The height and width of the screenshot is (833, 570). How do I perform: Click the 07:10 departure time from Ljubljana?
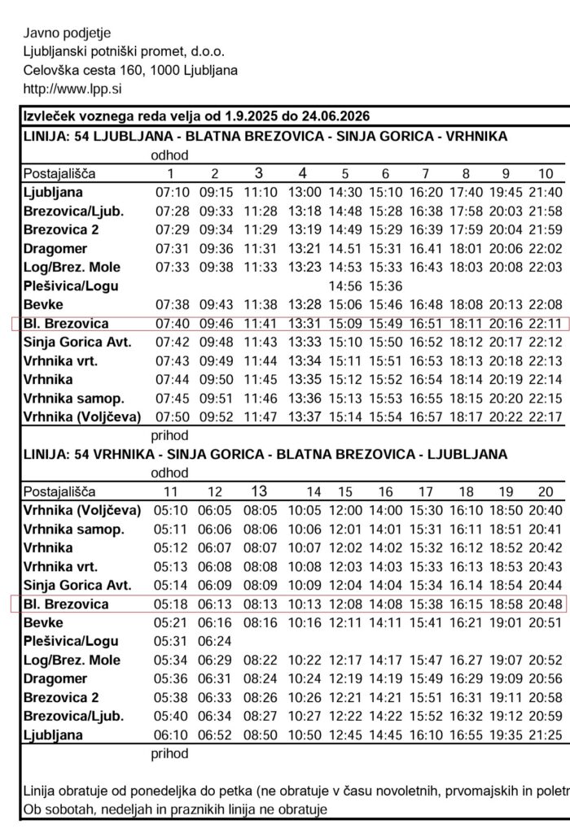(x=171, y=193)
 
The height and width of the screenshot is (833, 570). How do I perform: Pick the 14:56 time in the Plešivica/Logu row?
(x=345, y=286)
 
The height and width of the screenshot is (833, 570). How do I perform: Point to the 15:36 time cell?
(x=385, y=286)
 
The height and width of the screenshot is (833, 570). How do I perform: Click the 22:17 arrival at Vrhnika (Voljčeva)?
(x=545, y=417)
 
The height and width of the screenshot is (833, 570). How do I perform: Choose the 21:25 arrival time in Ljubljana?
(x=545, y=735)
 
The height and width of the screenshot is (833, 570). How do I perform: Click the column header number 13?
(x=258, y=491)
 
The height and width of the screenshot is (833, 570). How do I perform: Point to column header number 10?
(x=545, y=173)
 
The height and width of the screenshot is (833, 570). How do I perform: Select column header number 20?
(x=545, y=491)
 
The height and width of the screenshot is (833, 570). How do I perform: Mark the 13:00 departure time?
(x=302, y=193)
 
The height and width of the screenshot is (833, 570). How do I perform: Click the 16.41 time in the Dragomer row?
(x=425, y=249)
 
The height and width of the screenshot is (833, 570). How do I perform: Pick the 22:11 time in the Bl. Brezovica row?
(x=545, y=324)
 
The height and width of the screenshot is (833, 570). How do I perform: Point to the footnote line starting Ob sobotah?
(x=175, y=809)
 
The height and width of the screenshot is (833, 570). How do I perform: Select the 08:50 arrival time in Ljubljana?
(x=258, y=735)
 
